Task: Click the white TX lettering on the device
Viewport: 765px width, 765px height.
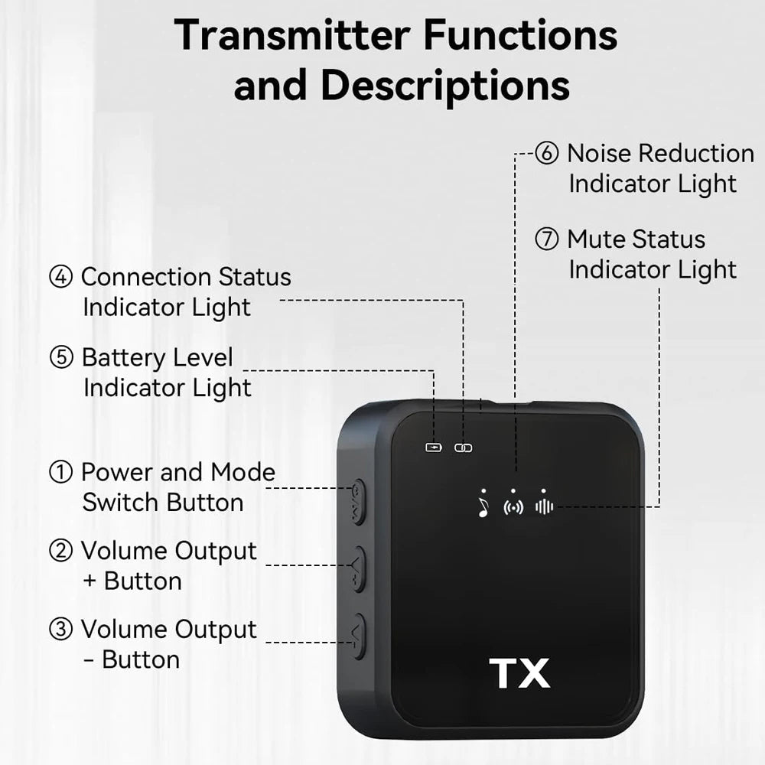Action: [520, 673]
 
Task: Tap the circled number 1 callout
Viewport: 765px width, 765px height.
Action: [60, 473]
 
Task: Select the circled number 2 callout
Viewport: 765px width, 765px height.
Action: [60, 551]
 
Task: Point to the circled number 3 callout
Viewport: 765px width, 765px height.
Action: [60, 630]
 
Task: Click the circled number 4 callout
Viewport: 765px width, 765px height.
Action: [60, 277]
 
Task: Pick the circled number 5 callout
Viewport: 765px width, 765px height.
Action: [60, 357]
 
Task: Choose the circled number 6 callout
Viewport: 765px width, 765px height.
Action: [546, 153]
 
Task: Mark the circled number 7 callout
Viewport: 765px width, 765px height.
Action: [546, 239]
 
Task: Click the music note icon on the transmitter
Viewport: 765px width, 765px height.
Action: [483, 507]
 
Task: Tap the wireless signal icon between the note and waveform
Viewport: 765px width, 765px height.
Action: [513, 507]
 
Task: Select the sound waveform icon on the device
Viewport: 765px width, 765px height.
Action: [544, 506]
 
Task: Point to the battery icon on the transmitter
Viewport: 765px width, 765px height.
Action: [434, 448]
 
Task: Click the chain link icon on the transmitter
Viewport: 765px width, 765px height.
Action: [464, 448]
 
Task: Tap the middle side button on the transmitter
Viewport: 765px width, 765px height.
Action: [358, 569]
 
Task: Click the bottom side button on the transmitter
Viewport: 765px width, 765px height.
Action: [358, 636]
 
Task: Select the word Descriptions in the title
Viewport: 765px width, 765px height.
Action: [445, 86]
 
